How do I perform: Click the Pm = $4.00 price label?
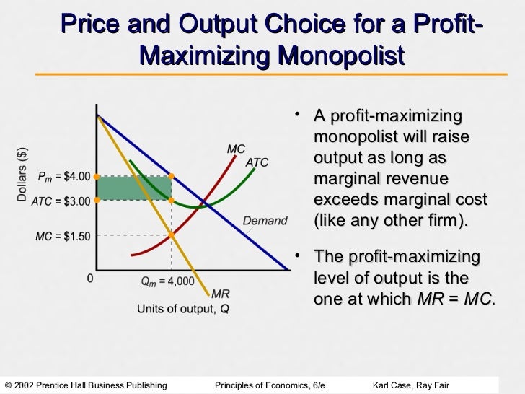tap(65, 176)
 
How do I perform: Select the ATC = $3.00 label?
tap(61, 201)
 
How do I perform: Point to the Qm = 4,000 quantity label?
tap(167, 281)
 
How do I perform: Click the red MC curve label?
tap(236, 149)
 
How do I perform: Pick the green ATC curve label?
tap(257, 163)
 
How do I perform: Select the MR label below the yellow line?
tap(221, 294)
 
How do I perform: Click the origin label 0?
tap(90, 279)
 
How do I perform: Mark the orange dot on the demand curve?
tap(171, 175)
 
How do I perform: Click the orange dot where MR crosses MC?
tap(171, 233)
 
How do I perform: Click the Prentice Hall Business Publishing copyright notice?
tap(86, 383)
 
